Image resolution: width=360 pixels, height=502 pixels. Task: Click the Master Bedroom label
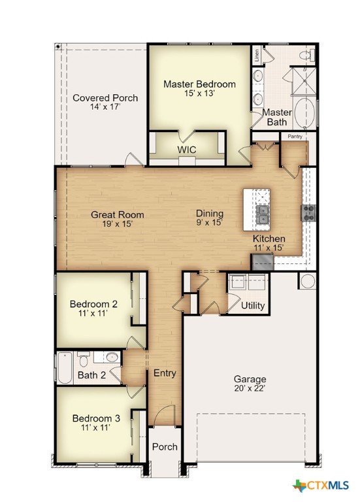199,84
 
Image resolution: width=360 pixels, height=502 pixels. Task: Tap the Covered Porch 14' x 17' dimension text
105,107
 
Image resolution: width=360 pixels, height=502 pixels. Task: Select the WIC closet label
187,150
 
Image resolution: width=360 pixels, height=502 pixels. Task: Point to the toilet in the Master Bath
307,55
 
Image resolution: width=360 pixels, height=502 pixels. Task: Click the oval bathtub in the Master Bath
304,113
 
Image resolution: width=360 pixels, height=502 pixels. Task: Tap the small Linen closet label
257,55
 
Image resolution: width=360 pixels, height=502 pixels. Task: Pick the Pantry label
295,137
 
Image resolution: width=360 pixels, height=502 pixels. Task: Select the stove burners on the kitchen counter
308,213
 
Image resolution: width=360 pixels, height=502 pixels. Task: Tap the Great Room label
117,214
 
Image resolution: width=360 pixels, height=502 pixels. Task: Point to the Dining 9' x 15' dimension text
210,222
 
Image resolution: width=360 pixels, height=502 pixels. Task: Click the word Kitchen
269,239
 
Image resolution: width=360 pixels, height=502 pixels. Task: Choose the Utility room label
252,305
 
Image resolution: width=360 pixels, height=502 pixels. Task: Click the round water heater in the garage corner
308,281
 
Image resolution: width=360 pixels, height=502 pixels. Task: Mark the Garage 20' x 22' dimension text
250,388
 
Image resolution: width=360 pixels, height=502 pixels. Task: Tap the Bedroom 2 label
93,303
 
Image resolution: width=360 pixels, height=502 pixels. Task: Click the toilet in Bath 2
84,360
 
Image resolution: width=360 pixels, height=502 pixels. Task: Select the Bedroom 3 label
96,418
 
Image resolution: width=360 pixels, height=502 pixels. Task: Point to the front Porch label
165,446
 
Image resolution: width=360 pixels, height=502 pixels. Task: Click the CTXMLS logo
321,485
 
